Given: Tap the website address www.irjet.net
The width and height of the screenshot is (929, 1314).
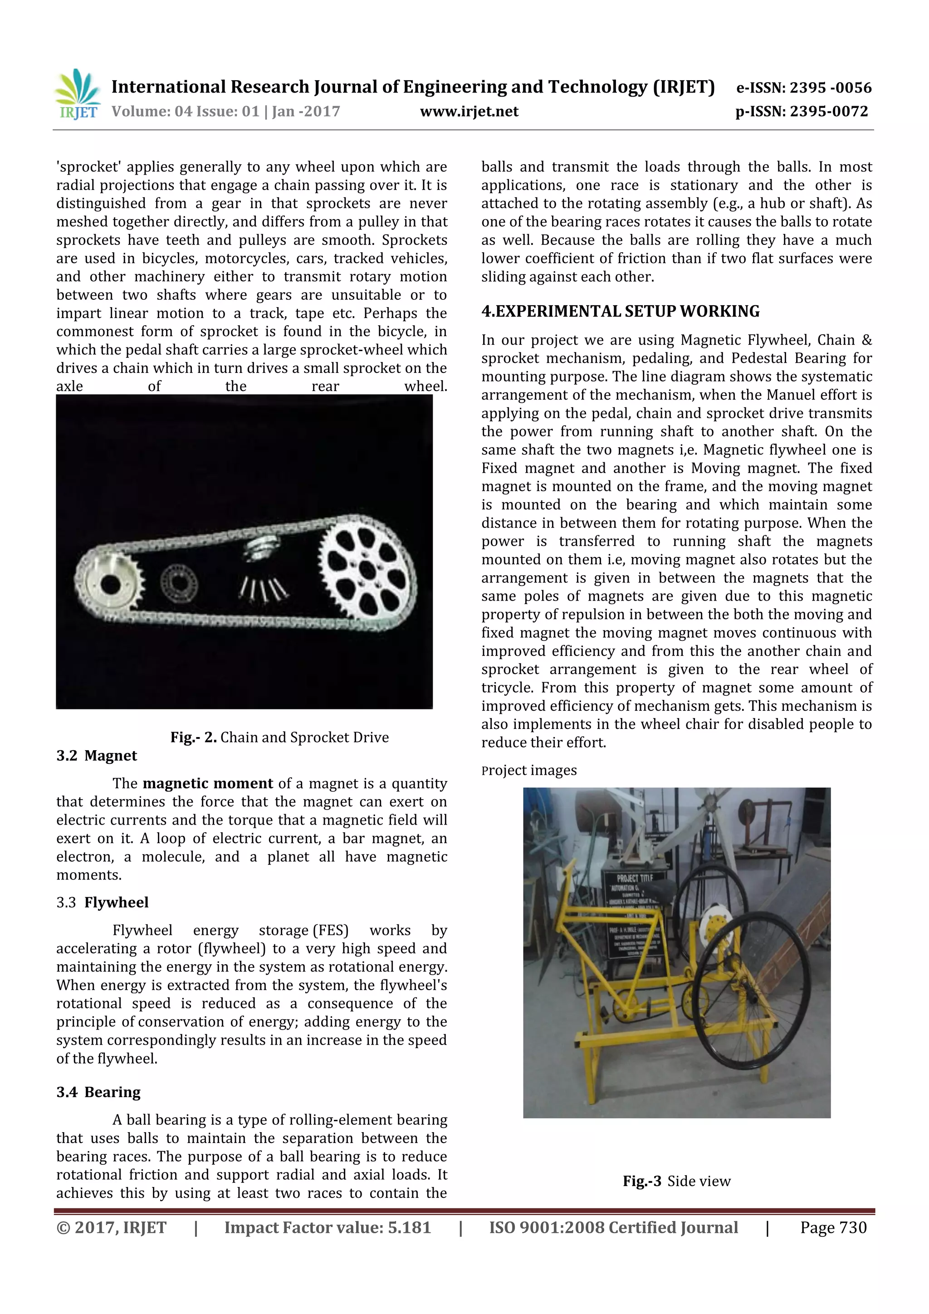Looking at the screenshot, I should (469, 112).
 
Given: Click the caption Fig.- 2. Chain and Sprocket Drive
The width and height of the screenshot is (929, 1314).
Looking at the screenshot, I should (279, 737).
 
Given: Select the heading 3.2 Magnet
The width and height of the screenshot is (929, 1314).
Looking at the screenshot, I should (97, 756).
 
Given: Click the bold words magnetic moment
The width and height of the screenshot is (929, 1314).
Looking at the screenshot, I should (208, 783).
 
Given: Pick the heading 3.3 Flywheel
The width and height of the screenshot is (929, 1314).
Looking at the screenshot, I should (103, 903).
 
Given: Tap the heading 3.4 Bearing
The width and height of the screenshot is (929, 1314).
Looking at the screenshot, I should (98, 1092).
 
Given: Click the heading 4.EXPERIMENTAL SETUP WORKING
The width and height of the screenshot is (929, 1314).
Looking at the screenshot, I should (621, 311).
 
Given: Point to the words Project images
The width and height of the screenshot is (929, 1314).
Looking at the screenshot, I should (529, 770).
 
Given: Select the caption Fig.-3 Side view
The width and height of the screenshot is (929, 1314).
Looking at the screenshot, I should (677, 1181).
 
